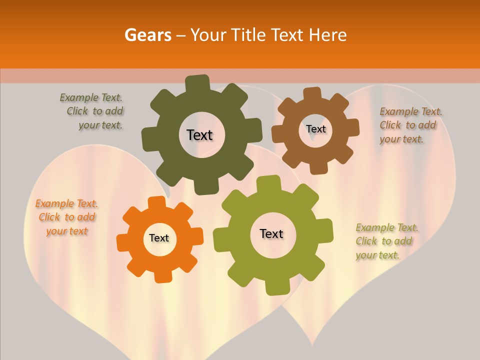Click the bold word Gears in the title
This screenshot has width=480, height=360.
coord(147,35)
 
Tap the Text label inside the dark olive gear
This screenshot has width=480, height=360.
coord(199,135)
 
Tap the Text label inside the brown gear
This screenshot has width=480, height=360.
coord(315,129)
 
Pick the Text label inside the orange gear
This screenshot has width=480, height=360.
coord(159,238)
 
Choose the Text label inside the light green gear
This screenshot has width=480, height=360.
coord(271,233)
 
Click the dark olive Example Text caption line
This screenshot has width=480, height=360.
coord(91,97)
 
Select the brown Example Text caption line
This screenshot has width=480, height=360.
coord(411,111)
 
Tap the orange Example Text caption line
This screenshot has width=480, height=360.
coord(66,203)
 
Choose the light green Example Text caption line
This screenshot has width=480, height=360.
coord(387,228)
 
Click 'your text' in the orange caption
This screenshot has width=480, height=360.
coord(67,231)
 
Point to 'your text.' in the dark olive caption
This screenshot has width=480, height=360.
coord(100,125)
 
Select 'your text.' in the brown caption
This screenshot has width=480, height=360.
coord(401,139)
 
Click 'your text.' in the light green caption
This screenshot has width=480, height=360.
coord(378,255)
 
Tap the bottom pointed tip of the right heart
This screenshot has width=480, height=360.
coord(313,345)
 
